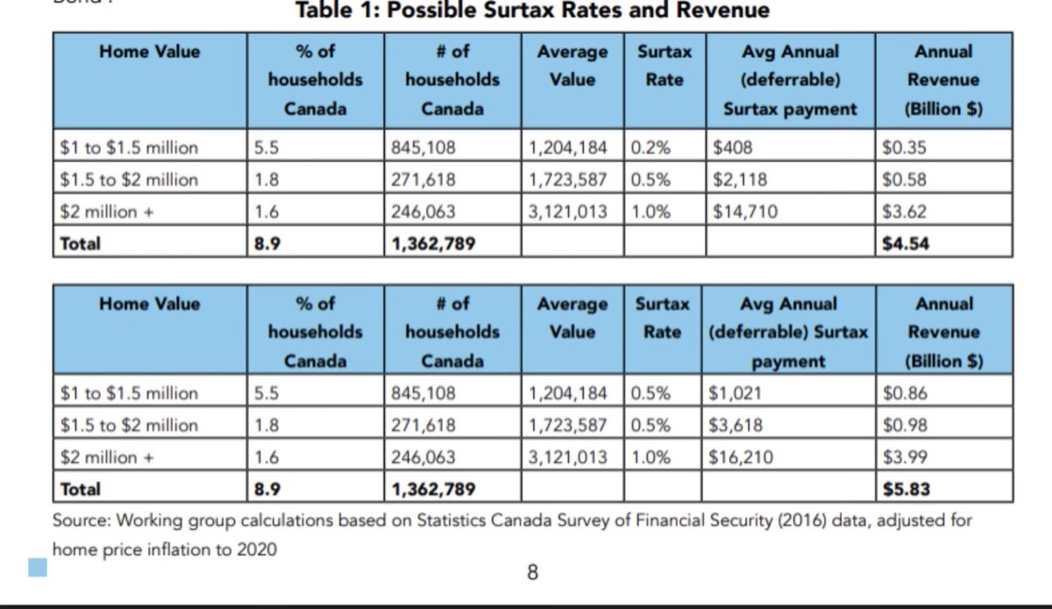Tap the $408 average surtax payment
pos(733,147)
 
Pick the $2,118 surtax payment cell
pos(740,180)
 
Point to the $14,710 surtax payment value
pos(744,211)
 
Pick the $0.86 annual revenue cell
pos(903,393)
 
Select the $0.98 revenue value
pos(903,425)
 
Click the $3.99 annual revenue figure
pos(903,457)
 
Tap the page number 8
pos(532,574)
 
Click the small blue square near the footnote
pos(38,569)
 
